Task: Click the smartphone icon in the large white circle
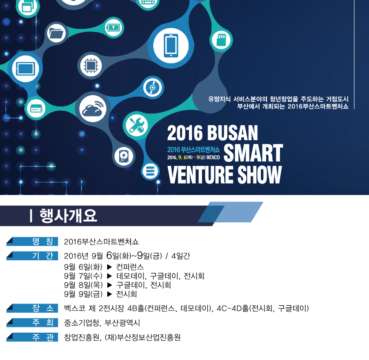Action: click(x=171, y=45)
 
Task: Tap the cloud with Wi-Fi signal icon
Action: click(x=93, y=109)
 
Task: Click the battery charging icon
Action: click(x=114, y=28)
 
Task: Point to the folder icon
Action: click(x=56, y=34)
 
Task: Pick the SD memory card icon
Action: click(x=221, y=40)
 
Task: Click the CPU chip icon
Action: click(x=90, y=65)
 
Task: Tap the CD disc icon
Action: click(x=152, y=87)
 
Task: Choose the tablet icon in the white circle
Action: click(x=26, y=69)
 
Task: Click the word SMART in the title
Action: click(x=253, y=153)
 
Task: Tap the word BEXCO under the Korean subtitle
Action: click(x=213, y=157)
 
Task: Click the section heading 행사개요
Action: click(x=68, y=216)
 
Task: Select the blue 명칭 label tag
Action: click(x=32, y=241)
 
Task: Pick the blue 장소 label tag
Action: click(x=32, y=308)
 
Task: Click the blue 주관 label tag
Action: click(x=32, y=337)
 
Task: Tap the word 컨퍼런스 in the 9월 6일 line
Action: click(x=130, y=267)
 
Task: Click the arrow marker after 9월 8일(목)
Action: click(x=109, y=285)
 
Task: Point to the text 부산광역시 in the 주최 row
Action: click(x=122, y=323)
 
